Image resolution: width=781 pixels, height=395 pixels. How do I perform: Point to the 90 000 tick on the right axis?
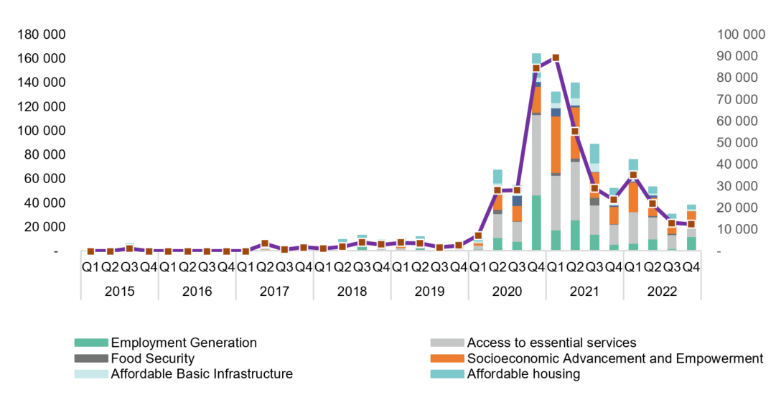[736, 56]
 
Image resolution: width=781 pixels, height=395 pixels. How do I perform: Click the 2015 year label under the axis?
[119, 292]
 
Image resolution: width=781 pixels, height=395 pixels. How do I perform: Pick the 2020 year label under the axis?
[507, 292]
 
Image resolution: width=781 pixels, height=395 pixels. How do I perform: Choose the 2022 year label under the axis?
[662, 292]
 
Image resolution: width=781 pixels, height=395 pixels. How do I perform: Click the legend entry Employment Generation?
[183, 343]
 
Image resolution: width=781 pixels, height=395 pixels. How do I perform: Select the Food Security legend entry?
[152, 358]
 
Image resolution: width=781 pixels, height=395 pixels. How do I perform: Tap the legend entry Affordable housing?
[523, 374]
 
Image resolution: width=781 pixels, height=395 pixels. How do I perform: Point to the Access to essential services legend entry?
[551, 343]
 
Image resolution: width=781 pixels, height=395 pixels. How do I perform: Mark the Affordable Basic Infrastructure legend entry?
[201, 374]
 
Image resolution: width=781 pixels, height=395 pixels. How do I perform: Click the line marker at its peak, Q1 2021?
[556, 57]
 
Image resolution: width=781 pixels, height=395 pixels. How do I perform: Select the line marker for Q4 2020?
[536, 68]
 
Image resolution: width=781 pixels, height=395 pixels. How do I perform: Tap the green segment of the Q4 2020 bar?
[536, 223]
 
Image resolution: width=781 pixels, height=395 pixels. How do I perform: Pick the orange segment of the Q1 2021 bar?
[556, 144]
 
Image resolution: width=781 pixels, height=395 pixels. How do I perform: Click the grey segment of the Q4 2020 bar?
[536, 154]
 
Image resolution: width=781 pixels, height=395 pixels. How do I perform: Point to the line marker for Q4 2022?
[691, 224]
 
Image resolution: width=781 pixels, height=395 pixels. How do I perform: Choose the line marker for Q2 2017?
[265, 243]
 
